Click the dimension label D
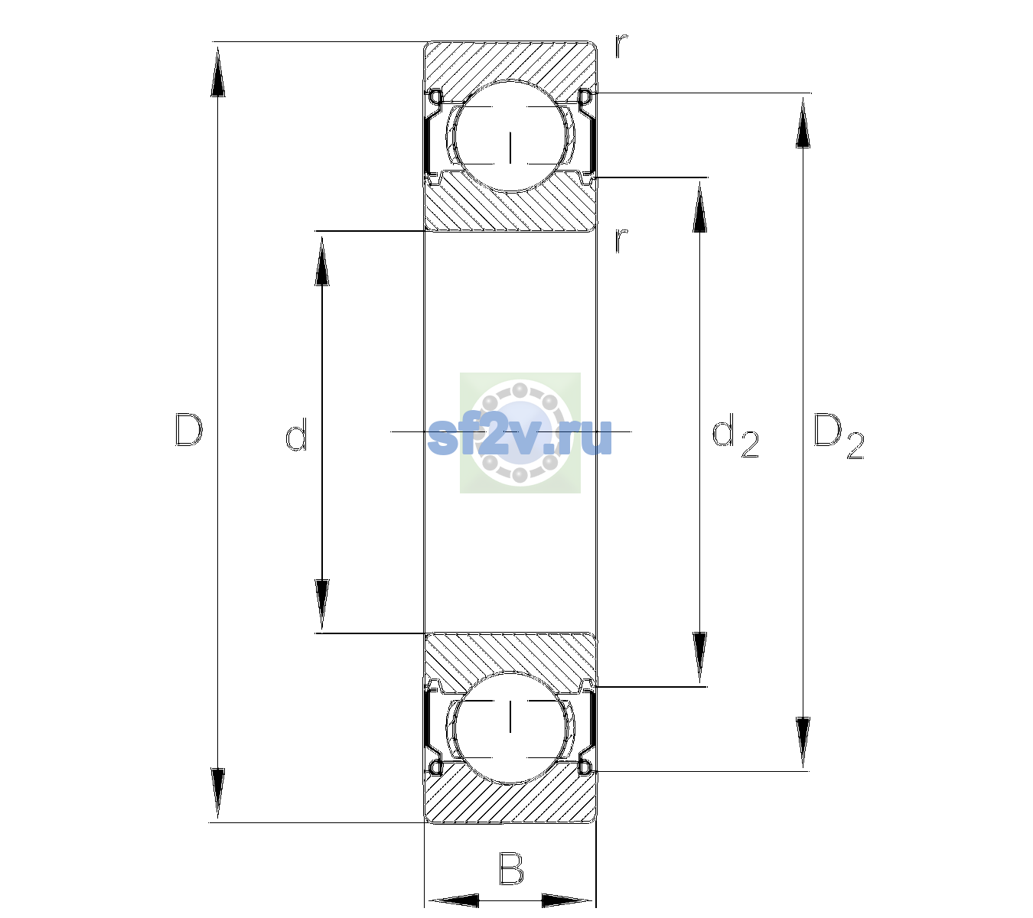coord(189,430)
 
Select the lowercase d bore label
coord(296,435)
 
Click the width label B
coord(511,868)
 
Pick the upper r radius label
coord(621,46)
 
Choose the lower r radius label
coord(621,240)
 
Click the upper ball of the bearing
coord(510,135)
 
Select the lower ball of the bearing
coord(510,728)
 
